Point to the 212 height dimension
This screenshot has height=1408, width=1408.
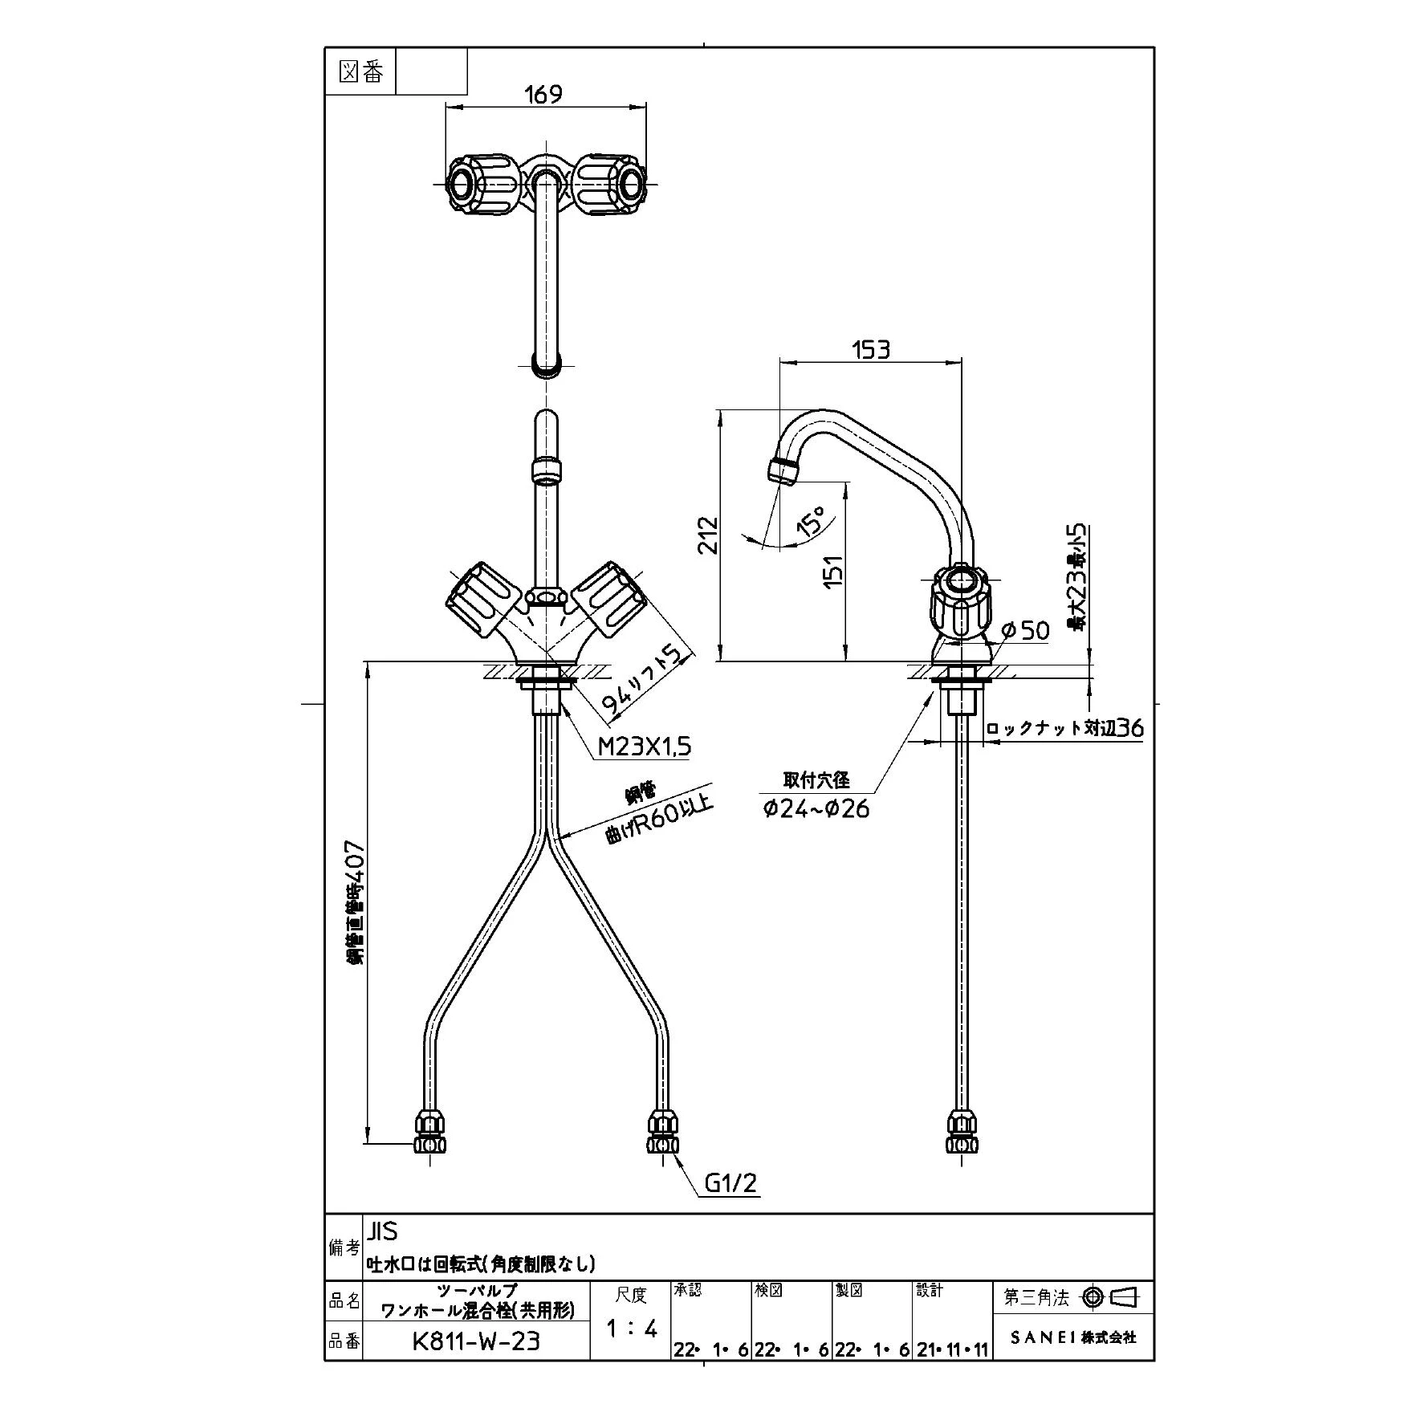coord(708,535)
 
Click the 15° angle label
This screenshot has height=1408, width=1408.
coord(810,521)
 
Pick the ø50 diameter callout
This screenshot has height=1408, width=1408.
coord(1025,630)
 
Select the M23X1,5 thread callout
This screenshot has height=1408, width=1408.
coord(645,747)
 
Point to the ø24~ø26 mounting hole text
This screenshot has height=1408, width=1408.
coord(816,808)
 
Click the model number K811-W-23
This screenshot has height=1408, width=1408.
coord(476,1341)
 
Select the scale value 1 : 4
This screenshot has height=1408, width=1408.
coord(632,1329)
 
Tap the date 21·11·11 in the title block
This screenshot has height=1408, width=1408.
coord(953,1350)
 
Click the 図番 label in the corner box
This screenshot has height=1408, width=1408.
coord(362,72)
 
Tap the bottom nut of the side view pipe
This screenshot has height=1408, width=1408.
coord(963,1133)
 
